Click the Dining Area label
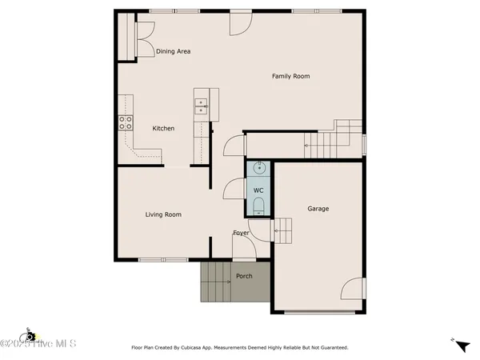point(173,51)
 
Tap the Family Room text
point(290,76)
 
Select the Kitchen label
point(163,128)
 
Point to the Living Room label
point(162,214)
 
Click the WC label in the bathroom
point(258,190)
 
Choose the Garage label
point(318,209)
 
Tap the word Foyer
point(241,234)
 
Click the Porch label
point(244,276)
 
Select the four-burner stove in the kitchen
point(126,122)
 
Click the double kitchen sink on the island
point(201,104)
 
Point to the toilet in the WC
point(258,207)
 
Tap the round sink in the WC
point(258,169)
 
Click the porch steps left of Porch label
point(214,282)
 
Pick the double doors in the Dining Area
point(142,39)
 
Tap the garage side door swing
point(353,289)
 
